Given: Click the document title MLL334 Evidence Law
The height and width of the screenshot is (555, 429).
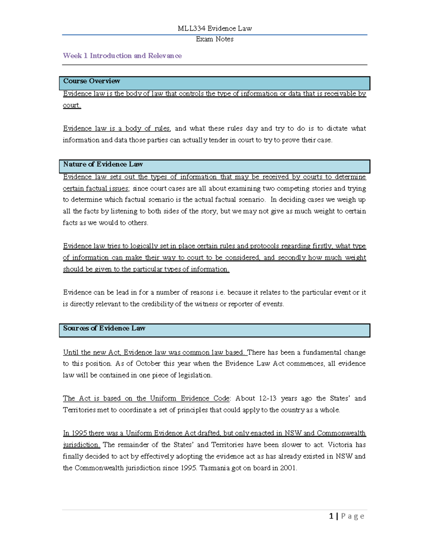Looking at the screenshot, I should [x=214, y=29].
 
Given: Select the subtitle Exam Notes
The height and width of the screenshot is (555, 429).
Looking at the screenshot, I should [x=214, y=39].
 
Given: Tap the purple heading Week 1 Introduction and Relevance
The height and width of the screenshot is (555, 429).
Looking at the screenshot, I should [x=122, y=56].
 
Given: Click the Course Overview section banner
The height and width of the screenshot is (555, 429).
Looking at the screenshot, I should [x=214, y=83].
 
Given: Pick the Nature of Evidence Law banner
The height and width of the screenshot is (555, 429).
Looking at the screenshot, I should [x=214, y=166].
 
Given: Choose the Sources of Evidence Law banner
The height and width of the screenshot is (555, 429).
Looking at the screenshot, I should [x=214, y=330].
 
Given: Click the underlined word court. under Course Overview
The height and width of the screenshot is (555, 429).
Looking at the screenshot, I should [x=72, y=105].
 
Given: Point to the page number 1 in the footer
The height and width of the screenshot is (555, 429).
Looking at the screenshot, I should [x=331, y=516].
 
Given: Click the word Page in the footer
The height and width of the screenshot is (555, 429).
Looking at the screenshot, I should [x=352, y=516].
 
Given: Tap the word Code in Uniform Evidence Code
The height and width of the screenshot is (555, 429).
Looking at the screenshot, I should [x=222, y=398].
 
